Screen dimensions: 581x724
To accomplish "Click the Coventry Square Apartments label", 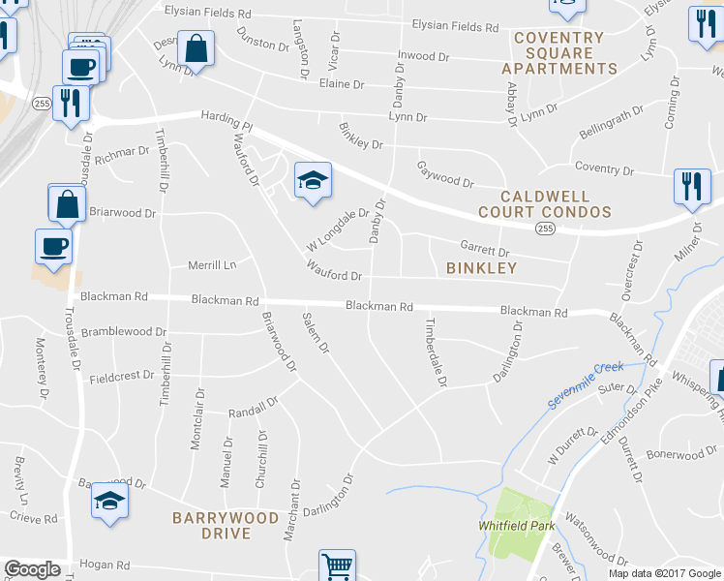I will coord(558,53).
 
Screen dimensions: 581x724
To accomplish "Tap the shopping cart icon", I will coord(337,566).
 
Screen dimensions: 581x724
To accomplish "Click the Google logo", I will coord(32,569).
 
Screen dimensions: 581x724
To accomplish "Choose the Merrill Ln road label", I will coord(212,264).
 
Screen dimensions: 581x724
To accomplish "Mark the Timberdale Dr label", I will coord(436,352).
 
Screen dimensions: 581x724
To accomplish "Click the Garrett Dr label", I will coord(483,247).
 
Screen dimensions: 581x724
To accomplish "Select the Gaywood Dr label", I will coord(445,175).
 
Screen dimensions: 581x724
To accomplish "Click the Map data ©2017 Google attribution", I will coord(665,573).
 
